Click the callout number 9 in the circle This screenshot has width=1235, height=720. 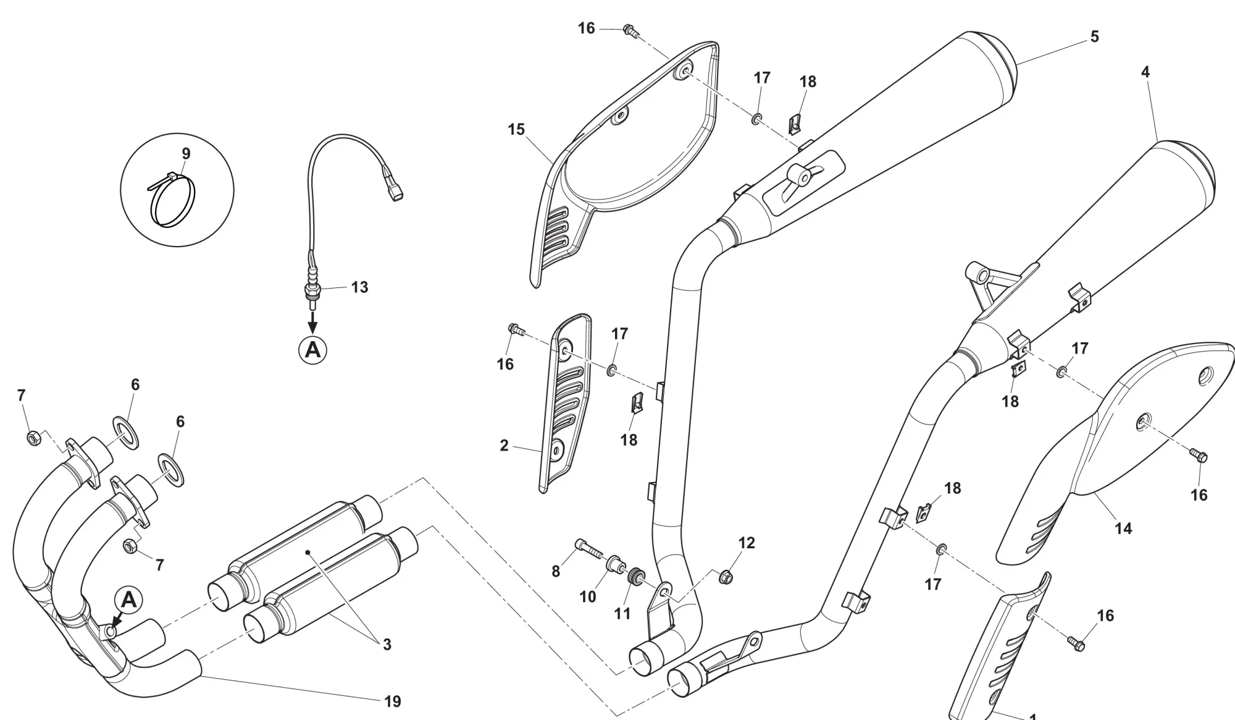(x=186, y=154)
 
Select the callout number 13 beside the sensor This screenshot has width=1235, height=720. (x=359, y=287)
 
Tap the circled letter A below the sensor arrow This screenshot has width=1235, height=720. (x=313, y=350)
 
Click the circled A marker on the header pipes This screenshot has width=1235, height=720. (x=129, y=599)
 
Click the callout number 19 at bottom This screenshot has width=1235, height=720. (x=393, y=701)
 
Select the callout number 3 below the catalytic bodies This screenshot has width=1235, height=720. (x=387, y=645)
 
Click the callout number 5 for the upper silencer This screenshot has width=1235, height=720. (x=1094, y=36)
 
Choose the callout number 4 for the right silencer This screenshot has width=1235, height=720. (x=1145, y=72)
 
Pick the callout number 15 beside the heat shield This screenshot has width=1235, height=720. (x=516, y=130)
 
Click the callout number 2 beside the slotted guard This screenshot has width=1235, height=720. (x=504, y=446)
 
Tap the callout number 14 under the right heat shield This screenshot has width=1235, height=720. (x=1123, y=528)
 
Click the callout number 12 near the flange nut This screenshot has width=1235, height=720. (x=747, y=543)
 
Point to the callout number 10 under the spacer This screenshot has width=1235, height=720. (x=587, y=596)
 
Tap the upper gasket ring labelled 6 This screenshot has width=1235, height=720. (x=126, y=433)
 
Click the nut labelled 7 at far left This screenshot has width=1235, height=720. (x=34, y=438)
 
